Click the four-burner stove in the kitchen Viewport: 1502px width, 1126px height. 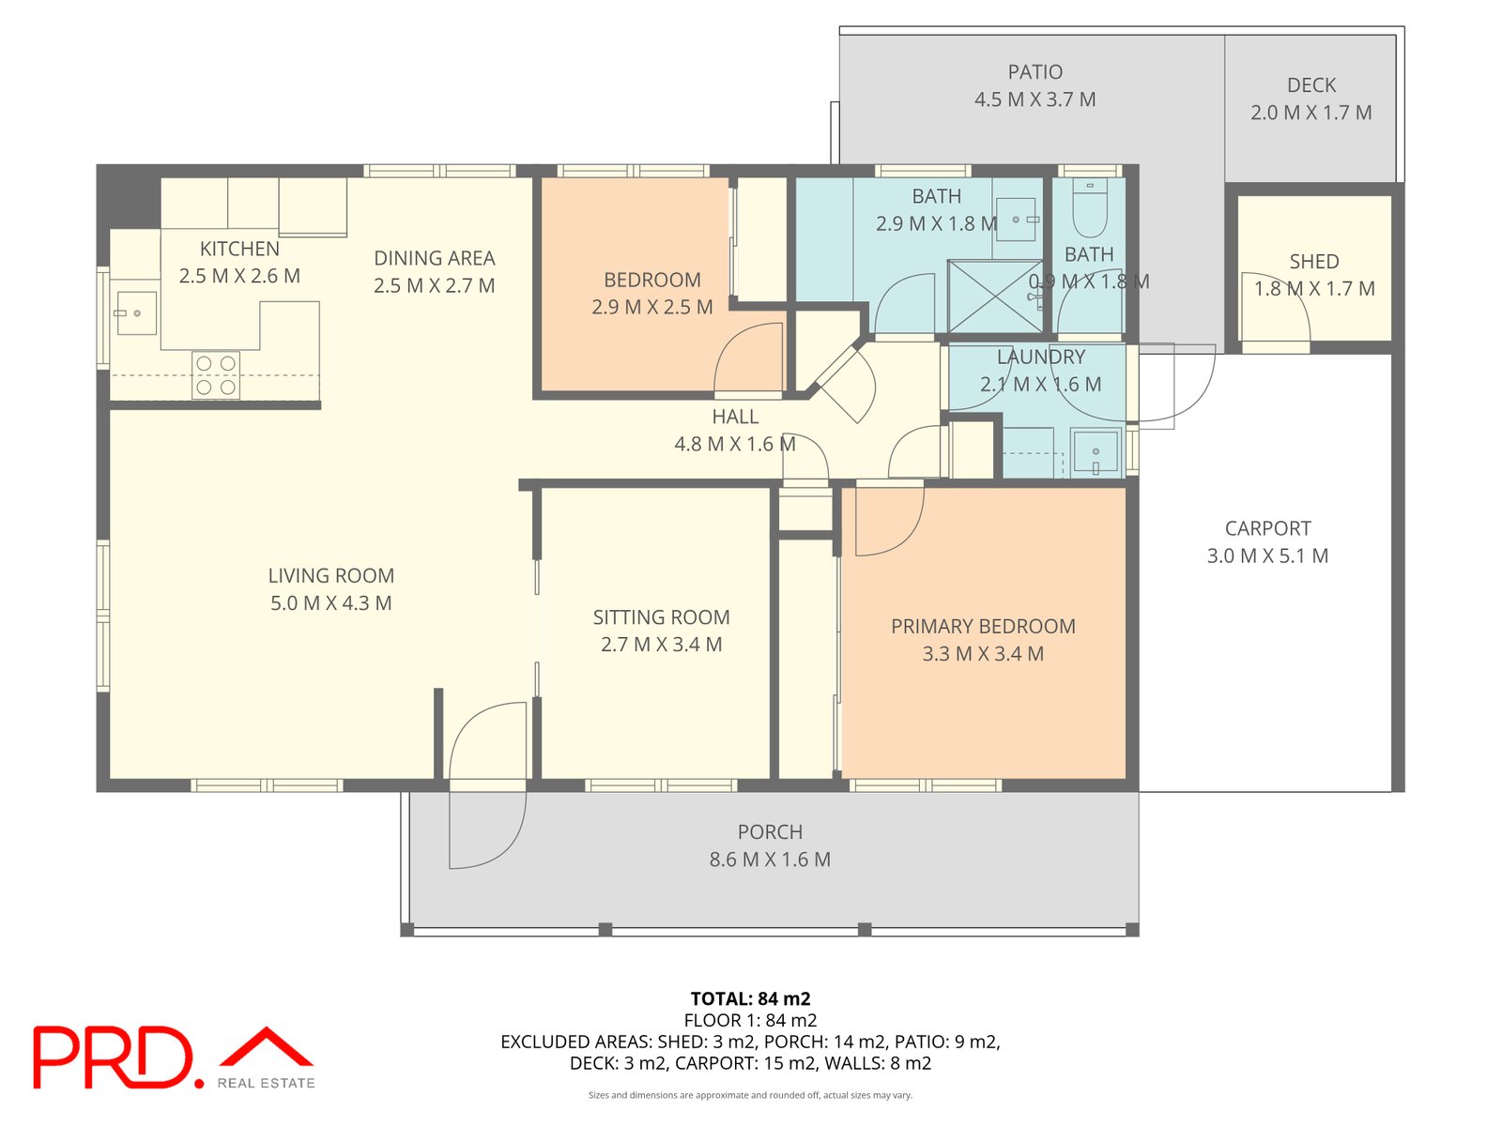(216, 374)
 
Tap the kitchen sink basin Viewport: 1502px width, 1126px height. (137, 313)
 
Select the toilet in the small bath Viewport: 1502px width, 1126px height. (1089, 207)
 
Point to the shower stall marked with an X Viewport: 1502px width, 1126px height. (994, 296)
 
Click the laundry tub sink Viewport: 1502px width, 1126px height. (1095, 451)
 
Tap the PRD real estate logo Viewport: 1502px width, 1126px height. (174, 1057)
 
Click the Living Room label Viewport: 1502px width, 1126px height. (331, 575)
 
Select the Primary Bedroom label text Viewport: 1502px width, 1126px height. (983, 626)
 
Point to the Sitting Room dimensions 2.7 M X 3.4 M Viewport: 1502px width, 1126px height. (661, 644)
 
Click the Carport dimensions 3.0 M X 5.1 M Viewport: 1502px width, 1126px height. (1267, 555)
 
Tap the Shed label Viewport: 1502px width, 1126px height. (1314, 261)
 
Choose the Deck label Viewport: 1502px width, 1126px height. (1311, 84)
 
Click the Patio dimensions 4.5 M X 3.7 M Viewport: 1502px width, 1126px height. (1035, 99)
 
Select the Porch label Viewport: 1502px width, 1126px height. (770, 832)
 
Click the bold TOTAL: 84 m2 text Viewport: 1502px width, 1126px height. (751, 998)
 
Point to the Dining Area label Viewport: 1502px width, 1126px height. (435, 258)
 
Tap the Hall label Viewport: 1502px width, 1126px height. (735, 417)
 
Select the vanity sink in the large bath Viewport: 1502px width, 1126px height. (1015, 220)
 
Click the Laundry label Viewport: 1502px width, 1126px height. (1041, 357)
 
